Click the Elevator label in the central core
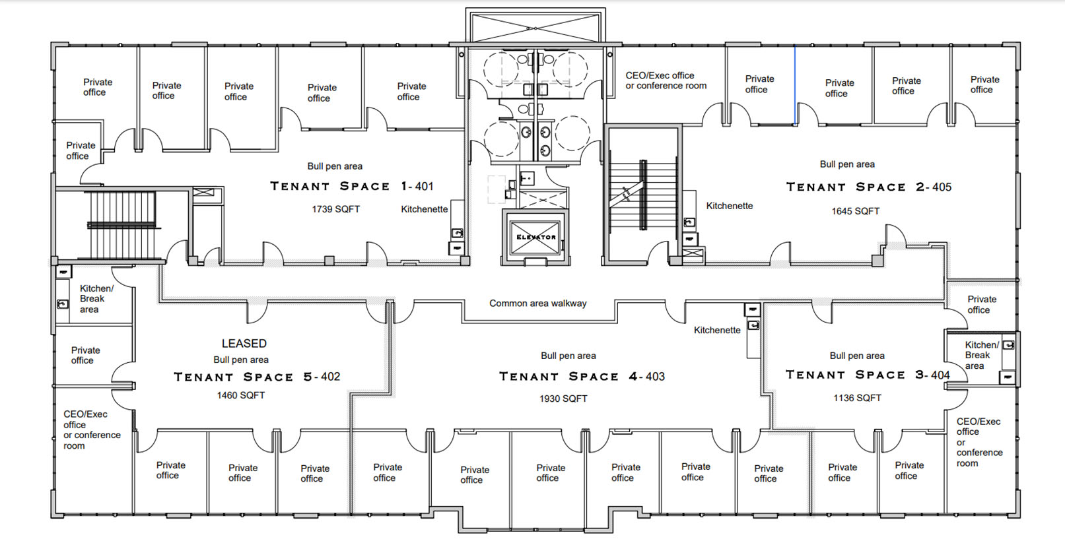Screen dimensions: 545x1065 coord(535,237)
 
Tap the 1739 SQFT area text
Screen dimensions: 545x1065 coord(335,209)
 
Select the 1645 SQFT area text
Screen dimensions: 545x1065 coord(855,211)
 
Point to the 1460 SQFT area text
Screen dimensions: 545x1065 coord(240,395)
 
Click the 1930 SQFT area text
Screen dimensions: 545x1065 coord(563,399)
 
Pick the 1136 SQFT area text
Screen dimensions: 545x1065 coord(856,398)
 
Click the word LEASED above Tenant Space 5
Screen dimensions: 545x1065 coord(244,344)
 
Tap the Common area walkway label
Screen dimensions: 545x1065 coord(537,304)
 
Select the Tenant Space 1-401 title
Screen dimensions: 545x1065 coord(351,186)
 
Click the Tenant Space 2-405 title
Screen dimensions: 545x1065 coord(868,187)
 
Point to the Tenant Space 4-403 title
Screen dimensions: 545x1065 coord(581,377)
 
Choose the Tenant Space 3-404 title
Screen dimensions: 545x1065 coord(867,375)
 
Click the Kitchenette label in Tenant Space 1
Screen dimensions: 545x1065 coord(424,209)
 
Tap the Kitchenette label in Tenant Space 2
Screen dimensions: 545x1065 coord(729,206)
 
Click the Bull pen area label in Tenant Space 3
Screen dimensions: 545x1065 coord(856,356)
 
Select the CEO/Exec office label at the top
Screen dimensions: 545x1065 coord(666,80)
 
